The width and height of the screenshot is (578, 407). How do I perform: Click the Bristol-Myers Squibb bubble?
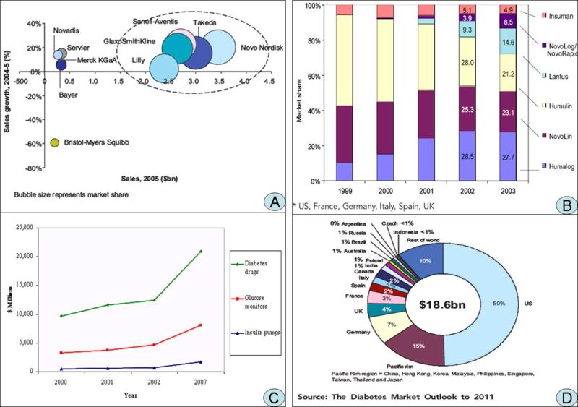click(x=56, y=143)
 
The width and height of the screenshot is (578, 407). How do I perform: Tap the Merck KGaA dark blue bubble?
click(x=61, y=64)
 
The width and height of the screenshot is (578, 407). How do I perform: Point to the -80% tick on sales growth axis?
click(x=31, y=168)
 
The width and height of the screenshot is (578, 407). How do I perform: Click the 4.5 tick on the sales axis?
click(x=268, y=82)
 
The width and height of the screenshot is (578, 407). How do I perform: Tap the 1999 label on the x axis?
click(x=343, y=192)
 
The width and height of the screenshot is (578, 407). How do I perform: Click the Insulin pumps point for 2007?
click(x=200, y=361)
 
